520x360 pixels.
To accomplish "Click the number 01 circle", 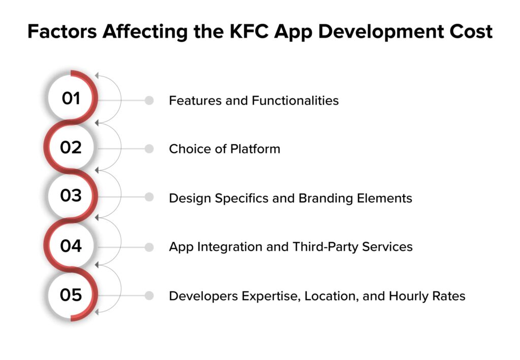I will point(71,99).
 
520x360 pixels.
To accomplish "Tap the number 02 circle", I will point(71,148).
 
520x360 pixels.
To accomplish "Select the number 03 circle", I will point(71,197).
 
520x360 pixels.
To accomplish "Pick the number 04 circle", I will point(71,246).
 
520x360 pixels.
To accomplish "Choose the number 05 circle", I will point(71,295).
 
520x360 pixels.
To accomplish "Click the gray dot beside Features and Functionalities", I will point(149,101).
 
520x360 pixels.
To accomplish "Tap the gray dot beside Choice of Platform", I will point(149,149).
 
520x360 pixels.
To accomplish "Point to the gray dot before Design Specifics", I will point(149,198).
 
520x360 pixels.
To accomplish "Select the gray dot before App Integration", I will point(149,247).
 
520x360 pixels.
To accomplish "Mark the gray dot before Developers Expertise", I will point(149,296).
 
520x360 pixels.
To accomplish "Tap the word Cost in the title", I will point(470,31).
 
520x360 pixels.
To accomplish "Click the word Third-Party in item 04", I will point(323,247).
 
